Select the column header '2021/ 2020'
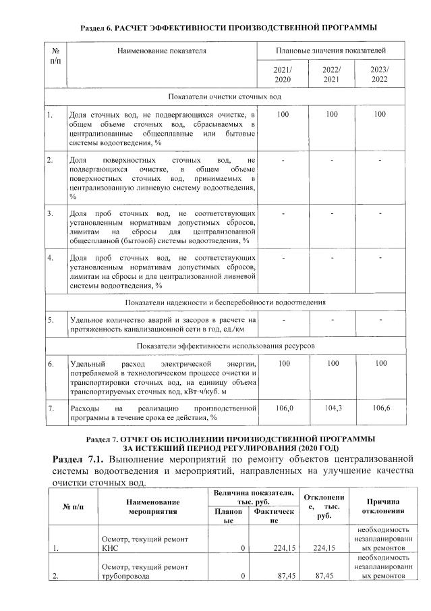point(283,75)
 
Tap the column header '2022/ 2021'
point(332,75)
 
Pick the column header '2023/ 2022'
point(380,75)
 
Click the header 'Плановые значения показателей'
point(331,51)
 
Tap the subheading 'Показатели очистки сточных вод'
point(225,97)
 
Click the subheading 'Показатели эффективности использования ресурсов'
point(225,346)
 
